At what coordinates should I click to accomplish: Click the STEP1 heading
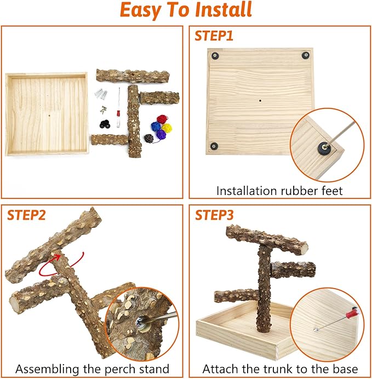[214, 36]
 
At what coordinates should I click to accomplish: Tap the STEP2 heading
[26, 215]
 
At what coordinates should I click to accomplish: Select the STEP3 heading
[214, 215]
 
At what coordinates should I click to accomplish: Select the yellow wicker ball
[167, 128]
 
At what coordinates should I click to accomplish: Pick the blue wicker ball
[156, 127]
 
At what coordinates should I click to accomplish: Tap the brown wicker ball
[149, 139]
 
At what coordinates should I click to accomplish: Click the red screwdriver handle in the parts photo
[118, 113]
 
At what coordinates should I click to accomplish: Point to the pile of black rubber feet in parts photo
[105, 124]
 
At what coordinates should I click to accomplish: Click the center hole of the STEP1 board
[260, 100]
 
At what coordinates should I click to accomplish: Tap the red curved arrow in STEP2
[62, 266]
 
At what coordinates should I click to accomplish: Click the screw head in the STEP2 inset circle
[140, 322]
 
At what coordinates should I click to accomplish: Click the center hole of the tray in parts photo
[49, 116]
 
